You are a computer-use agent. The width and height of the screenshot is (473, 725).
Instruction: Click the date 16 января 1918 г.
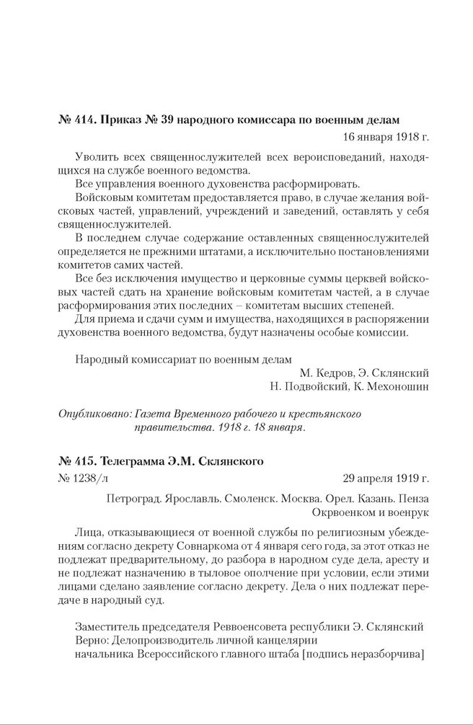coord(376,135)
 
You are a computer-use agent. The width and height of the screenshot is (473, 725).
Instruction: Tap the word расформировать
coord(314,184)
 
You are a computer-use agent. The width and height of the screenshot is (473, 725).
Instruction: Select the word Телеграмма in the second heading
coord(136,462)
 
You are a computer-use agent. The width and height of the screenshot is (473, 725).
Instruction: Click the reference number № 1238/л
coord(79,478)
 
